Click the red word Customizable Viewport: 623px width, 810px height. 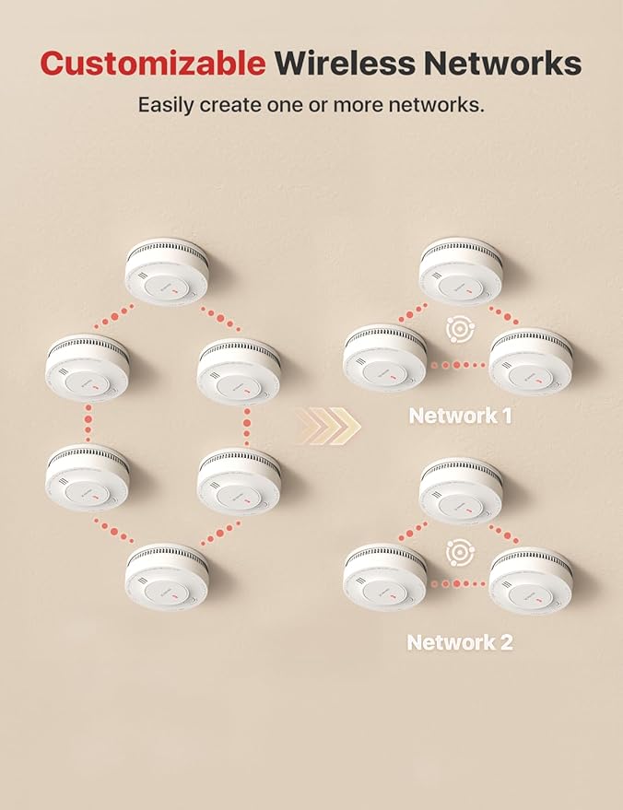[x=152, y=63]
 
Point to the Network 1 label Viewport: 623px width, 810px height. [x=460, y=416]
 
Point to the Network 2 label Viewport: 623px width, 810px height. [x=460, y=642]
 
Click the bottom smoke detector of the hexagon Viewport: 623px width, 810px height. [x=167, y=576]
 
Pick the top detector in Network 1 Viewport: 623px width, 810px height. [x=461, y=272]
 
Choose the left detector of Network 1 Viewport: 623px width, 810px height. [x=385, y=357]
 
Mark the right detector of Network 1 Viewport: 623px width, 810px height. [x=531, y=359]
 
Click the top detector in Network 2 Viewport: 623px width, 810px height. [x=461, y=494]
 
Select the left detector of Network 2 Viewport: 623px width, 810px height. [x=385, y=578]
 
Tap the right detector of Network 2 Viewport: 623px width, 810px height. [x=531, y=581]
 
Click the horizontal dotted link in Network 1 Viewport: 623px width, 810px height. [x=458, y=365]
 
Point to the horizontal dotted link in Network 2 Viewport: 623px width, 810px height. [x=458, y=583]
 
